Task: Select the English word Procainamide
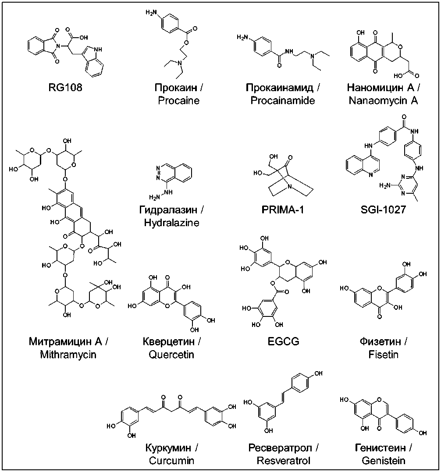click(x=283, y=101)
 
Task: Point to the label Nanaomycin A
click(x=383, y=101)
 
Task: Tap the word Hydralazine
click(x=171, y=223)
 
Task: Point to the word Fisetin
click(x=383, y=354)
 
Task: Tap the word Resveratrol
click(x=283, y=461)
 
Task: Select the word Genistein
click(x=383, y=461)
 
